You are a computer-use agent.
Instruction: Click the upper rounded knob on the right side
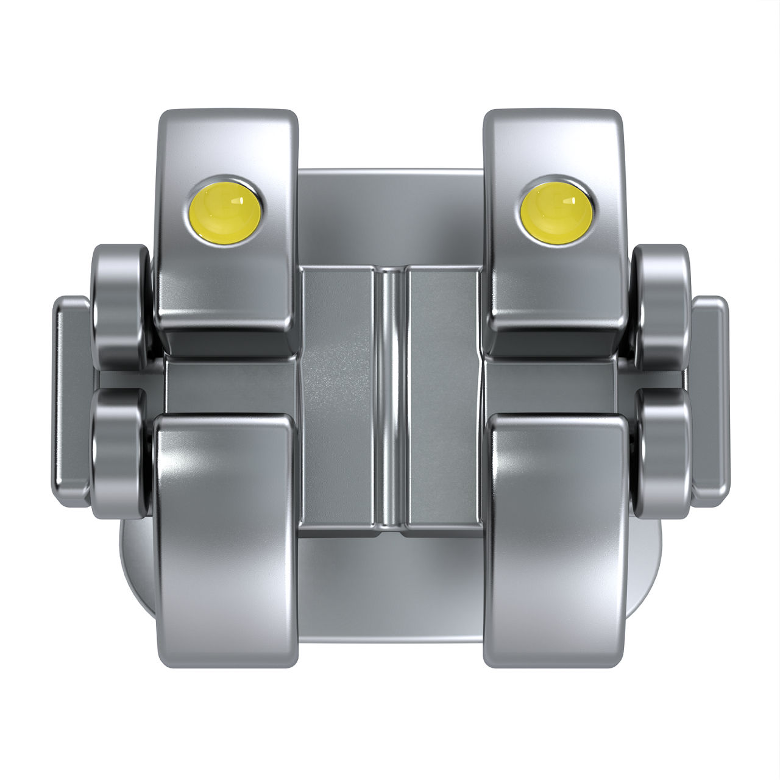662,305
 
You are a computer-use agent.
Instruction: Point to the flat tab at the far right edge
709,399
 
